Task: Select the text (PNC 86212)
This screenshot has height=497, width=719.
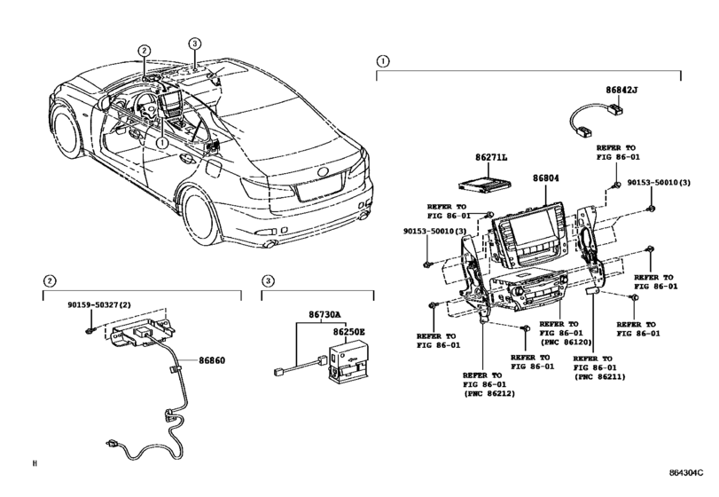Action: pyautogui.click(x=487, y=393)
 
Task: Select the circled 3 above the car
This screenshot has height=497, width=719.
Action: pyautogui.click(x=195, y=43)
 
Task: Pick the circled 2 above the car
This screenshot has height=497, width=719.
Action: pyautogui.click(x=145, y=51)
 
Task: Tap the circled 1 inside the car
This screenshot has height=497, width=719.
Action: pyautogui.click(x=162, y=140)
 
